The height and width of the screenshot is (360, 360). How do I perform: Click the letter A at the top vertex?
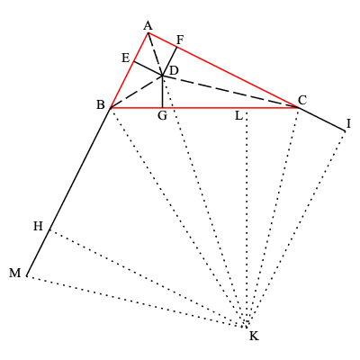148,25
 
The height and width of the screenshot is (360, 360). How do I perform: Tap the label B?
101,104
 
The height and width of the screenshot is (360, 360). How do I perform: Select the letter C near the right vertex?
301,99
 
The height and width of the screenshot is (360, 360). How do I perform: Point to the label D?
173,70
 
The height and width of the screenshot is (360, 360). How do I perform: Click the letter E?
125,58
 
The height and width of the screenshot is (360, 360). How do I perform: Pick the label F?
180,40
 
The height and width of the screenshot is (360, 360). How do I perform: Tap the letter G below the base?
162,116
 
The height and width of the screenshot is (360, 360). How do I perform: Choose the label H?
38,226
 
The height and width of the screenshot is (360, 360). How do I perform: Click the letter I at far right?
348,123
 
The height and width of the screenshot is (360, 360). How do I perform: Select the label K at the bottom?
254,337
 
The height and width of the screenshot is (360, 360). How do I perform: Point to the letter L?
238,115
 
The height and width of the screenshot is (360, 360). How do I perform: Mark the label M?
15,274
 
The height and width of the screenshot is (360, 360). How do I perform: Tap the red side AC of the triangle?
225,71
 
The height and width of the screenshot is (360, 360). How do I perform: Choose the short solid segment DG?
162,93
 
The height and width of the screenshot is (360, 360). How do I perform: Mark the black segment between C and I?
322,120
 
